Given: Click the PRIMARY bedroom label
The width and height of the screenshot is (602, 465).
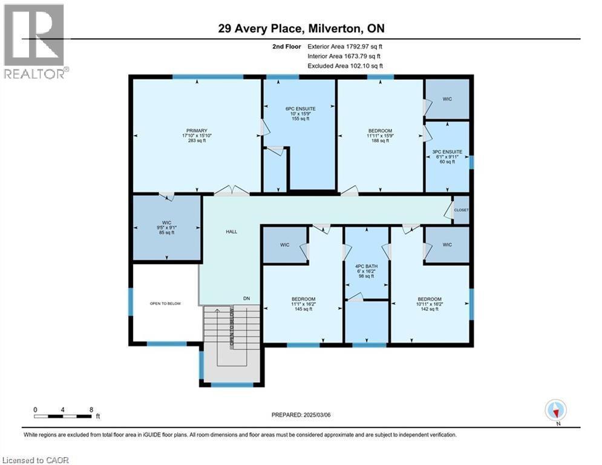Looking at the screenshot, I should pos(197,131).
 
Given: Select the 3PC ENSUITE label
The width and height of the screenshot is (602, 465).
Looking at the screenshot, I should pos(448,151).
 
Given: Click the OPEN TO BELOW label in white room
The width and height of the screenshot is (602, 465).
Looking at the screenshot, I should pos(165,303).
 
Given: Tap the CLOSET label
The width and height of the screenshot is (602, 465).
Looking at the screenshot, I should pos(461,210).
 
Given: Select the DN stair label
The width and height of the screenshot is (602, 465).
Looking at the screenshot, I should pos(246,298).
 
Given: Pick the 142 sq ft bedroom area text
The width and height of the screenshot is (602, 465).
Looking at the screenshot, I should pos(429,309).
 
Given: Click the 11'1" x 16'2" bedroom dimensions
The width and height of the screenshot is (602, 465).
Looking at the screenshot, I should pos(303,304).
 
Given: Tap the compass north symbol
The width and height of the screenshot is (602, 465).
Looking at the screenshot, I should pos(555,411).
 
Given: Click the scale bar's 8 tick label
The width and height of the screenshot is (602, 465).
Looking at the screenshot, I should pos(91,410).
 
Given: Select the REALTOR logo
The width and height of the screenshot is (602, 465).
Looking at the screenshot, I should pos(34,42).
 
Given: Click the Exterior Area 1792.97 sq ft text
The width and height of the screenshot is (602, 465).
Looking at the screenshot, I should pos(345,46).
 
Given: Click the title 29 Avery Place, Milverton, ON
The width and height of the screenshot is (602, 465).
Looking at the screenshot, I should pos(301,28).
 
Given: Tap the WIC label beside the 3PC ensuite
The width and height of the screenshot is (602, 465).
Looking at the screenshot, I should pos(447,99).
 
